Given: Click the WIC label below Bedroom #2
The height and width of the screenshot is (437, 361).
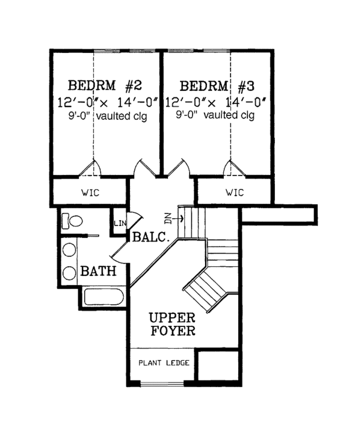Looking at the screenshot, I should tap(90, 193).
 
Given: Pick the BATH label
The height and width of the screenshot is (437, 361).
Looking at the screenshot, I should tap(99, 272).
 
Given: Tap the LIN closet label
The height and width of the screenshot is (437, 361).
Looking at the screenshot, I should tap(119, 224).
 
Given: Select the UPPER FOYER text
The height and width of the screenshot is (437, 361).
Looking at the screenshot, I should tap(172, 324).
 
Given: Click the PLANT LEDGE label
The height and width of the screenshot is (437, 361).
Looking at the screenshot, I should tap(164, 362).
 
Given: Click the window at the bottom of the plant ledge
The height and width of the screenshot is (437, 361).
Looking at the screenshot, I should tap(163, 383).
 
